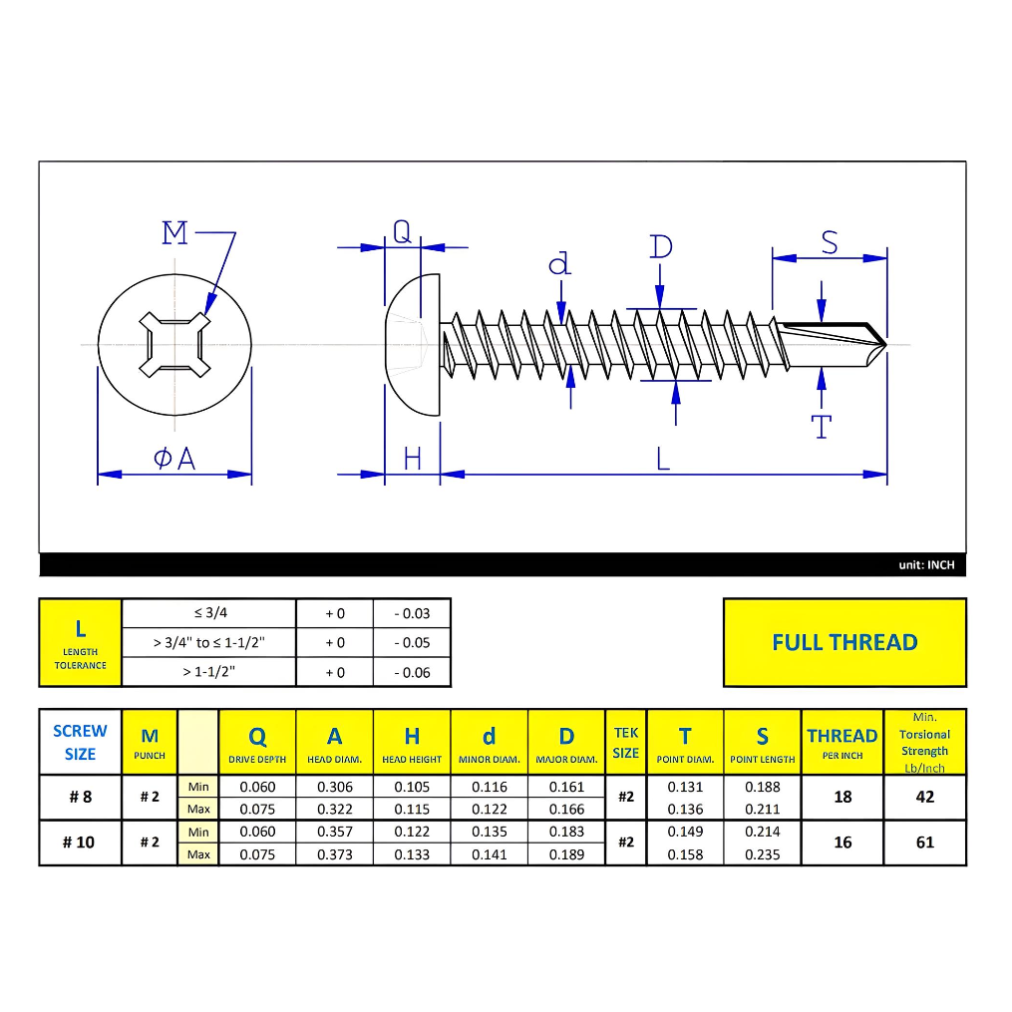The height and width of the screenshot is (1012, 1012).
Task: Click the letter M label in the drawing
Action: point(174,233)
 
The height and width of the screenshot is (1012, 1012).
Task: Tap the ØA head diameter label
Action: point(174,459)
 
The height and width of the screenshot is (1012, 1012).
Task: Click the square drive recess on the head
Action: point(174,345)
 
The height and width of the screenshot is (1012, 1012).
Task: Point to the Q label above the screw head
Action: point(401,232)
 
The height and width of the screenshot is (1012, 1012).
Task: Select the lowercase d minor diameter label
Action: point(560,263)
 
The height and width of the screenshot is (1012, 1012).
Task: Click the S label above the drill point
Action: point(829,242)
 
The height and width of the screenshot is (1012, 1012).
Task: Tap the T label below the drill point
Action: point(822,428)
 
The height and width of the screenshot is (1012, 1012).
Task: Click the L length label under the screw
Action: point(663,459)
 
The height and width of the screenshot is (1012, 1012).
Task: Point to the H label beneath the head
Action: point(413,459)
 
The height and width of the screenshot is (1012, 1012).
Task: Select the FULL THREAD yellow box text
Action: point(843,642)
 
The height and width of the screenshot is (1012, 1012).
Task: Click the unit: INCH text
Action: point(925,565)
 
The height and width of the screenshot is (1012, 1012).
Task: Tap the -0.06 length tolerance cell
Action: point(412,672)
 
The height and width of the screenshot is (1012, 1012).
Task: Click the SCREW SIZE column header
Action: point(80,742)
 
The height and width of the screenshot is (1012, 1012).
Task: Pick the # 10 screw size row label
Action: point(79,843)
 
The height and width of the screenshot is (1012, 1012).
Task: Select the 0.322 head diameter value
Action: point(335,809)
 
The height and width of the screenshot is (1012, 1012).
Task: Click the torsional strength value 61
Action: point(924,843)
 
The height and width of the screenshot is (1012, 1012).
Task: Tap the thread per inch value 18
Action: point(843,797)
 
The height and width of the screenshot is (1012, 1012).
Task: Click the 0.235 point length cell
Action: point(762,854)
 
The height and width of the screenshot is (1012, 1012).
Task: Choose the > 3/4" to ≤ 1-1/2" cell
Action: point(208,642)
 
